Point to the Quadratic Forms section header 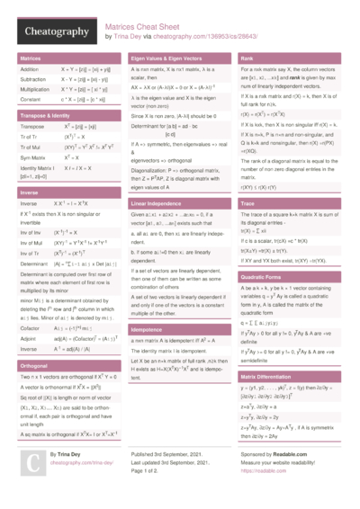[x=263, y=277]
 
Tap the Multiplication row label [x=35, y=89]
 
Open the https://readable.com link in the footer [x=262, y=469]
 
